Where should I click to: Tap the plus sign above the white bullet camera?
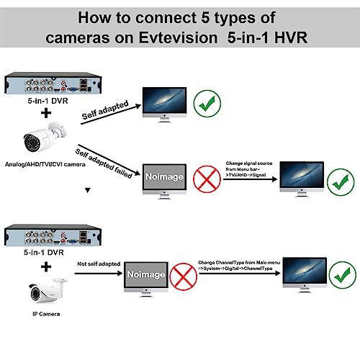click(x=47, y=113)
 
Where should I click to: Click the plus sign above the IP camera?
click(x=47, y=267)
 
